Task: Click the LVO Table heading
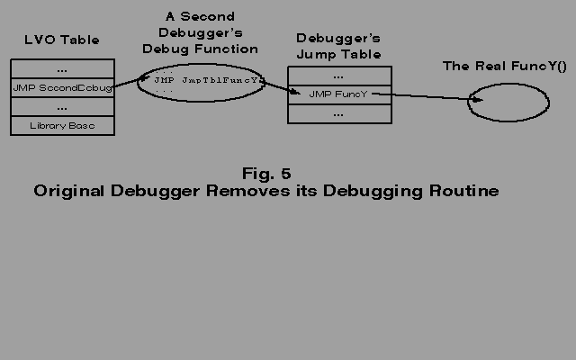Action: (x=61, y=40)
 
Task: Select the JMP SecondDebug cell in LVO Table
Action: (x=63, y=88)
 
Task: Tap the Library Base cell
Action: (x=63, y=126)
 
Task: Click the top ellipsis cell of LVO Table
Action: (x=63, y=69)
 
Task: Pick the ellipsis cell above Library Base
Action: (x=63, y=107)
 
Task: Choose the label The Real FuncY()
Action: (x=503, y=67)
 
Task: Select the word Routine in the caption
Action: (x=463, y=192)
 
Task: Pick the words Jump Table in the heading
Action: (x=338, y=55)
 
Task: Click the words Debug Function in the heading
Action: (x=200, y=49)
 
